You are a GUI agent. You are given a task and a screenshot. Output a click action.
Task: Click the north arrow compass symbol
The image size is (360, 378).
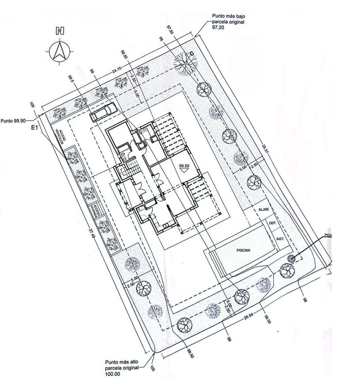point(59,51)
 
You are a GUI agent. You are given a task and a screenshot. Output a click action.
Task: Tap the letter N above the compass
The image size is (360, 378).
point(59,31)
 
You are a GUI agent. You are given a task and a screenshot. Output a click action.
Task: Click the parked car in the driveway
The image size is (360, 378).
point(102,111)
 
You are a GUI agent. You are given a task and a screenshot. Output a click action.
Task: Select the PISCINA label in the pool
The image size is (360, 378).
point(243,250)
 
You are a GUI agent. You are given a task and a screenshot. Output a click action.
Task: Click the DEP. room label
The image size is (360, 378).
point(273,224)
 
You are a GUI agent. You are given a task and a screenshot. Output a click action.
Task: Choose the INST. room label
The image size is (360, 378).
point(280,239)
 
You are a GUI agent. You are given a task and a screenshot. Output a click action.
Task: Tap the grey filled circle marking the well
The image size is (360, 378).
point(291,259)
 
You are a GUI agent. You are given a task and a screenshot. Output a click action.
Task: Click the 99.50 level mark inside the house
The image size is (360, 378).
point(184,167)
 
